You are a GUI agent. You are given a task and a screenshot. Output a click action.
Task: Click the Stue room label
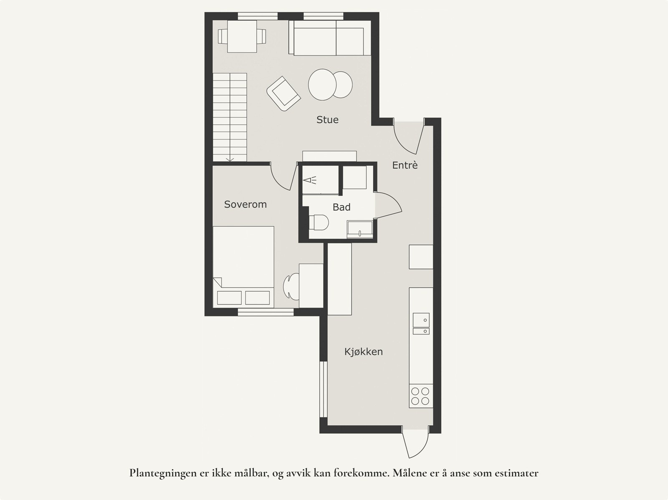(x=327, y=119)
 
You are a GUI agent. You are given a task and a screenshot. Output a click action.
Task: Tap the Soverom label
(x=245, y=205)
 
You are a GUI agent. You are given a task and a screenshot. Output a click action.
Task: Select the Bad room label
(x=342, y=207)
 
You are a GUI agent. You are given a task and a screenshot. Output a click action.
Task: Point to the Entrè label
(x=405, y=165)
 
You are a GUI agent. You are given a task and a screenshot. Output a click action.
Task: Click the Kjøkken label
(x=363, y=352)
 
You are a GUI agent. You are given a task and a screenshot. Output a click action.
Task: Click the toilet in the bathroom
(x=319, y=222)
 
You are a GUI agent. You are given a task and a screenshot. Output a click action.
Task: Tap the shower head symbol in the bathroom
(x=310, y=180)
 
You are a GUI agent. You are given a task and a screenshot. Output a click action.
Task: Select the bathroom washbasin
(x=360, y=229)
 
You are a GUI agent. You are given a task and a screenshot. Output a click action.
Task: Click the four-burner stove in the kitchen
(x=420, y=396)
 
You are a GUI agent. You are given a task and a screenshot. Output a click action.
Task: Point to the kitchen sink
(x=421, y=323)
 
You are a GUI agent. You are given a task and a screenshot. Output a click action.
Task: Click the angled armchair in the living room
(x=283, y=93)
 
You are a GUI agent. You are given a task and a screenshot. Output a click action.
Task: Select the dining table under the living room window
(x=242, y=36)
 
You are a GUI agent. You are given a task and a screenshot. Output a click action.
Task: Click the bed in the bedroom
(x=243, y=267)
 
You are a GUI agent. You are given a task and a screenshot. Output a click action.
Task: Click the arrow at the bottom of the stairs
(x=230, y=159)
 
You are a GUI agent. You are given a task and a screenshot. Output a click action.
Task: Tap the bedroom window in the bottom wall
(x=266, y=312)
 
